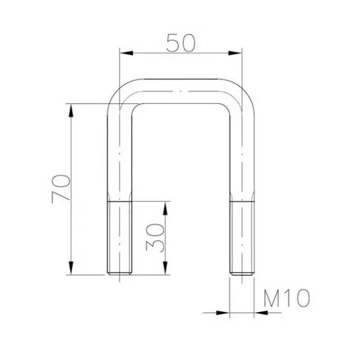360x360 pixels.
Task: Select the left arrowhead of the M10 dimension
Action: [222, 313]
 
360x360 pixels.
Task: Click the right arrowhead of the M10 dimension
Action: [260, 313]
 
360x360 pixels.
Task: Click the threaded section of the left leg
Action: [120, 238]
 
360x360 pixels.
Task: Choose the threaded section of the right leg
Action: [241, 238]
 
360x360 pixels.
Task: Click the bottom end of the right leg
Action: [241, 274]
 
